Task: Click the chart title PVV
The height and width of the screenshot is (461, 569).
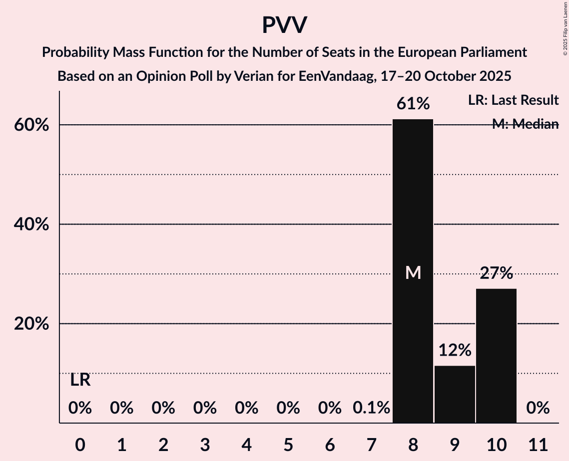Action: pyautogui.click(x=284, y=25)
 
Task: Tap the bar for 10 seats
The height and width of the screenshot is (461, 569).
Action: pyautogui.click(x=496, y=356)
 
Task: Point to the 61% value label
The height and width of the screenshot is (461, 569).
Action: pyautogui.click(x=413, y=104)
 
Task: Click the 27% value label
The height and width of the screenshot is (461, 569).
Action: pyautogui.click(x=496, y=273)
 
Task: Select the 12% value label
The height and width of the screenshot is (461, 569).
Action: pyautogui.click(x=455, y=350)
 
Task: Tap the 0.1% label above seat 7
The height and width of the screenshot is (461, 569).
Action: pyautogui.click(x=371, y=408)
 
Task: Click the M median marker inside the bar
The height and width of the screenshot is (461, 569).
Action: pyautogui.click(x=413, y=272)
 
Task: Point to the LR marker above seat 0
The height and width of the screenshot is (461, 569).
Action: pyautogui.click(x=80, y=380)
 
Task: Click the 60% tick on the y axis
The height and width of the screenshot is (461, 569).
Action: pyautogui.click(x=31, y=125)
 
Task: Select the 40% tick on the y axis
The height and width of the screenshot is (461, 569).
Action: pyautogui.click(x=31, y=225)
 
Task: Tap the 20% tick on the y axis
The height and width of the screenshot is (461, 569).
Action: pyautogui.click(x=31, y=324)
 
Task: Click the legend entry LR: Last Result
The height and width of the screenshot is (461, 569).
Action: pyautogui.click(x=513, y=100)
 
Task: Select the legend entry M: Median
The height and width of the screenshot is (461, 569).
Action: pyautogui.click(x=525, y=124)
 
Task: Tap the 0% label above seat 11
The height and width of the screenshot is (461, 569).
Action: pyautogui.click(x=538, y=408)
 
